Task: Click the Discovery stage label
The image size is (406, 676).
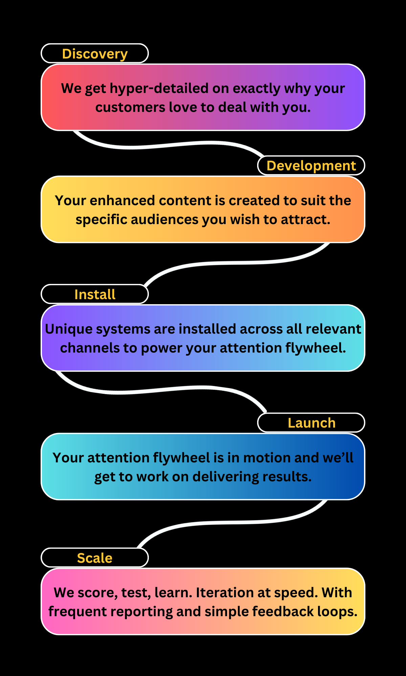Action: click(95, 54)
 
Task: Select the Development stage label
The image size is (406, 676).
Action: click(311, 166)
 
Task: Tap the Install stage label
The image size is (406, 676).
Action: click(95, 294)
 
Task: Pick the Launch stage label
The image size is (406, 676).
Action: click(312, 423)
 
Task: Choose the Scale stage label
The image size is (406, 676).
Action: click(95, 558)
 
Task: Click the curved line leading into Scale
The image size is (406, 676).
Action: click(233, 523)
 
